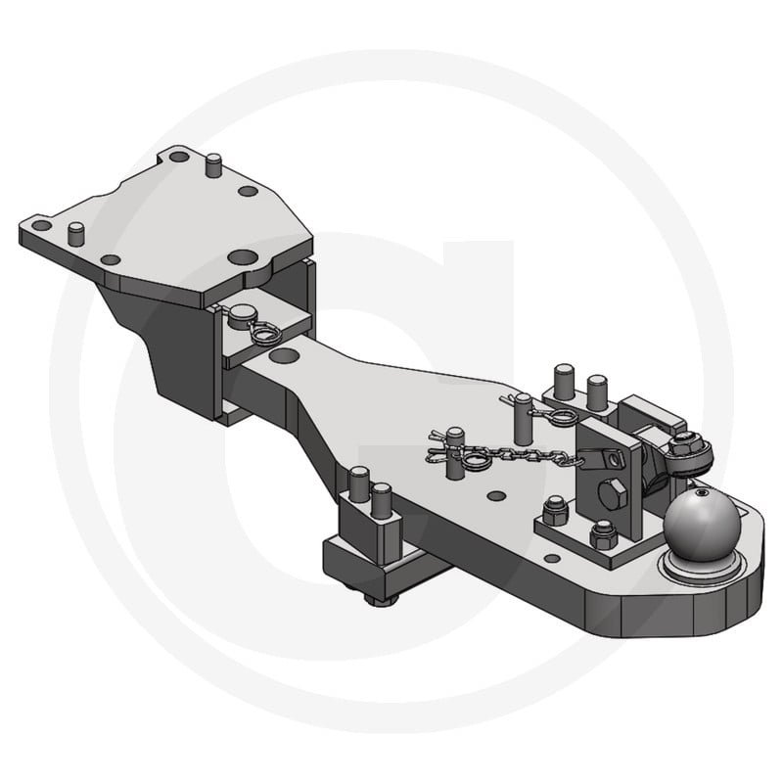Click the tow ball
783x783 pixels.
699,526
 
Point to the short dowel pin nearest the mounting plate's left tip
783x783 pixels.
76,233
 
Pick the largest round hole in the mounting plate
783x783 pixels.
242,257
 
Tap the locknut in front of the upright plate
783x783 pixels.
603,535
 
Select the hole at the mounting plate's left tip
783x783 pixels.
41,225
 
